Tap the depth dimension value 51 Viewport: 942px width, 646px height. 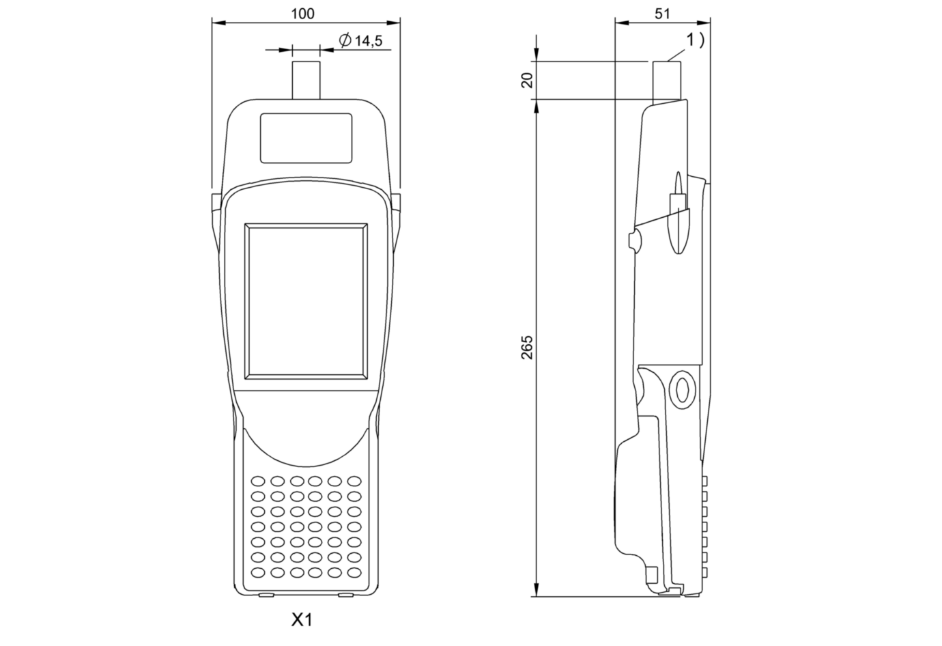click(x=662, y=14)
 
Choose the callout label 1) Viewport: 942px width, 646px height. click(x=695, y=40)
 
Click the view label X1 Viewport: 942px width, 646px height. click(x=302, y=620)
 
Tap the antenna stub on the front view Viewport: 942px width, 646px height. click(x=306, y=81)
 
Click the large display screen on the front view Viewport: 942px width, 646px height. click(x=306, y=300)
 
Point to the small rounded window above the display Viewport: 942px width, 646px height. click(x=306, y=138)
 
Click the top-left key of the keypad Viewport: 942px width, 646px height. click(x=259, y=481)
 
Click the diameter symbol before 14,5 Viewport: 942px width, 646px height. click(x=345, y=41)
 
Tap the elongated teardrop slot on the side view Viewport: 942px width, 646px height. click(x=676, y=212)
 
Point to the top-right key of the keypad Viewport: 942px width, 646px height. click(x=354, y=481)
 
